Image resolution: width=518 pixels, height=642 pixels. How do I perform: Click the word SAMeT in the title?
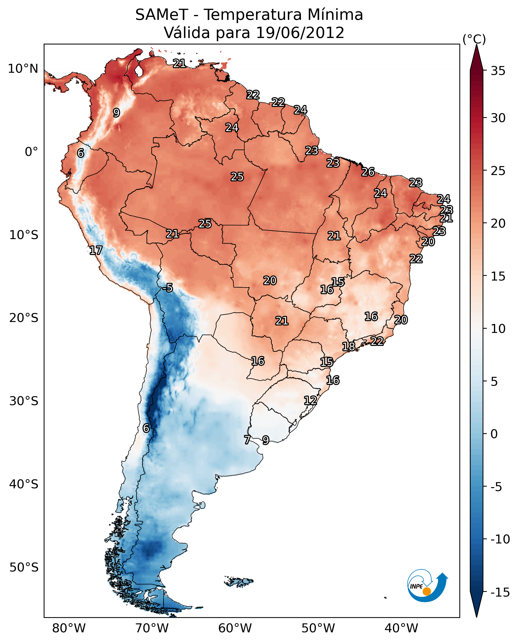pos(161,15)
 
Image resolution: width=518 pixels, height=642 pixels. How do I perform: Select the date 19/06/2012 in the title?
pos(300,33)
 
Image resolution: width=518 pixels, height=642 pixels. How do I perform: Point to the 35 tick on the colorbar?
pos(498,71)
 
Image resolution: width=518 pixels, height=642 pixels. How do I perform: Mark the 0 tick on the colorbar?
pos(494,434)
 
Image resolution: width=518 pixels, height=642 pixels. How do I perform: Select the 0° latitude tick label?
pos(31,152)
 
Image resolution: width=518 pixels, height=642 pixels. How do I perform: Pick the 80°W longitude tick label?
pos(69,628)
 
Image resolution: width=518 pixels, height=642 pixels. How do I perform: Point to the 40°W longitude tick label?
pos(401,628)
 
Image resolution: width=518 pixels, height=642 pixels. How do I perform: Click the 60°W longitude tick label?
pos(235,628)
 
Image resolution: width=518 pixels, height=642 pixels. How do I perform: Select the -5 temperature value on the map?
pos(168,288)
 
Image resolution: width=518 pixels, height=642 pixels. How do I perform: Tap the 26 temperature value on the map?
pos(368,172)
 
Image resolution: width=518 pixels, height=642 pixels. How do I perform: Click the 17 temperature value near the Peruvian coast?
pos(96,250)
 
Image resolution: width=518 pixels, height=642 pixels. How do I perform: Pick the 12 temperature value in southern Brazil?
pos(310,400)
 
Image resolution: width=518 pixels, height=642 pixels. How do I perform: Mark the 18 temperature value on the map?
pos(348,347)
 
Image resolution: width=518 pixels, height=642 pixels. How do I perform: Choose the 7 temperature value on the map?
pos(247,440)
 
